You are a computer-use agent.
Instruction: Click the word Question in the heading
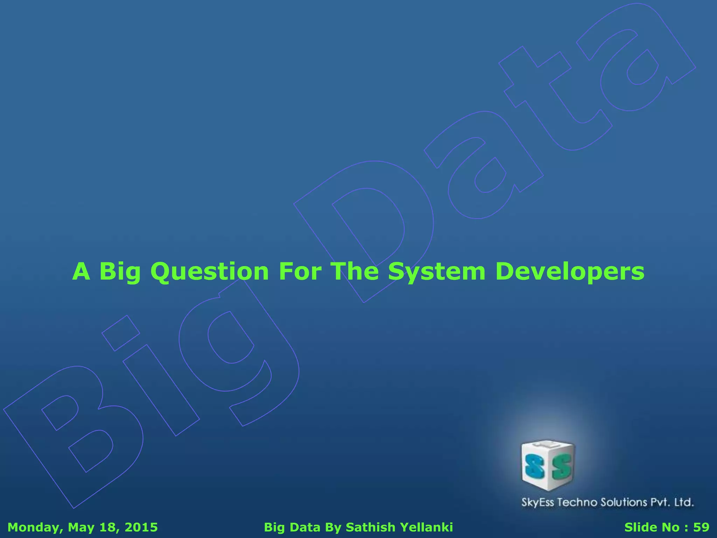(209, 272)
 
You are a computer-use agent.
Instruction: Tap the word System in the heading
(436, 272)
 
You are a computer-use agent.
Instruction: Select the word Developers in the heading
(570, 272)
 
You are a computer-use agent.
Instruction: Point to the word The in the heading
(354, 272)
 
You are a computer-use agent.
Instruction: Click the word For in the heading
(300, 272)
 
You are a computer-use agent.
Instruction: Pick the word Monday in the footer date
(34, 527)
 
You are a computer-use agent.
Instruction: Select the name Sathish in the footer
(370, 527)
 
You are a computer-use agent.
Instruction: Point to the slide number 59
(701, 527)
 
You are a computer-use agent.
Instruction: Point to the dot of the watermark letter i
(121, 333)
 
